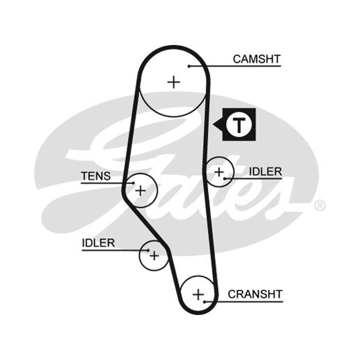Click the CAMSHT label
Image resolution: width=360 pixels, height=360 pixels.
256,59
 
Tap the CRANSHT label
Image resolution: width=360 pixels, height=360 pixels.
255,294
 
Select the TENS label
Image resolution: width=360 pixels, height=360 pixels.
96,176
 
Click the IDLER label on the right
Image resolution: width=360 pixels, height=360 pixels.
265,172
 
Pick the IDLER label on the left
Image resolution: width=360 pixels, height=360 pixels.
98,243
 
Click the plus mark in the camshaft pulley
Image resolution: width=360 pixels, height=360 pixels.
174,82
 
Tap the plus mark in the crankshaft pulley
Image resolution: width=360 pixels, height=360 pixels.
198,295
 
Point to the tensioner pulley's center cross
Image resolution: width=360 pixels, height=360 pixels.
140,190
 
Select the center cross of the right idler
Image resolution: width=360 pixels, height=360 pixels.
219,172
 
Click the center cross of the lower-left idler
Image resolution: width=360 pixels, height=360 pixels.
154,256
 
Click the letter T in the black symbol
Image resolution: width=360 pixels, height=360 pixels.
239,125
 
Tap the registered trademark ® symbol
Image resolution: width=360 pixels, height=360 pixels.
319,206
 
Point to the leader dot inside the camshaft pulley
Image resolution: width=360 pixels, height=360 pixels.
189,66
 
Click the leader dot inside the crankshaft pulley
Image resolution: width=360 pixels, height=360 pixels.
205,301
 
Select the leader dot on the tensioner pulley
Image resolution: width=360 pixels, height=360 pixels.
134,183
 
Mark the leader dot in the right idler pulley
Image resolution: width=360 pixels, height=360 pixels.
225,179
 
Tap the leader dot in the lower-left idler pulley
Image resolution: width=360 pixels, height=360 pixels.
148,250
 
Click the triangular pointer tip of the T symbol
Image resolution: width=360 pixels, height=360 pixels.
213,125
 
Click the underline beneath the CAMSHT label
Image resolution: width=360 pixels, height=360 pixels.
234,66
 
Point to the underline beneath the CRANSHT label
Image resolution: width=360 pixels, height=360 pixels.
243,301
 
